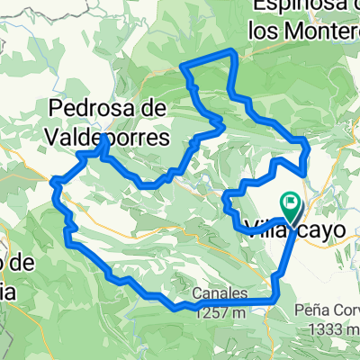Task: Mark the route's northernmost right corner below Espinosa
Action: pos(235,52)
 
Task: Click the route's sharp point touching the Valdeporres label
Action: pos(106,137)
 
